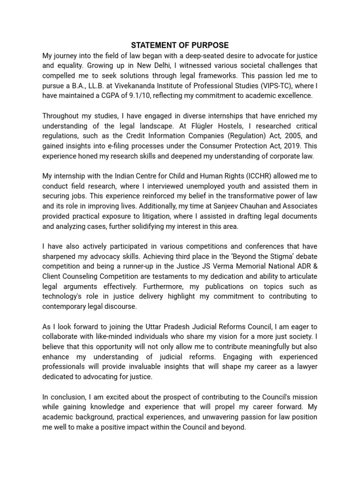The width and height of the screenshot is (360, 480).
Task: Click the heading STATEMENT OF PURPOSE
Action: [x=180, y=45]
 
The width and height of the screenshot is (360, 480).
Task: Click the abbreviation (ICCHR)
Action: [x=247, y=176]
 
